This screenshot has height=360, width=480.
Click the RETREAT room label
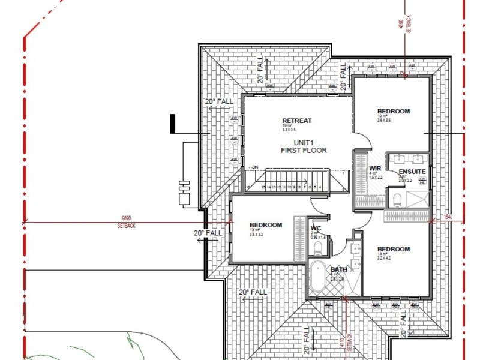coord(297,121)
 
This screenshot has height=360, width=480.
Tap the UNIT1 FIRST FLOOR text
coord(304,146)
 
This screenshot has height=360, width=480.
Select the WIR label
coord(376,169)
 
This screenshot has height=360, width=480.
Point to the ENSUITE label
coord(412,172)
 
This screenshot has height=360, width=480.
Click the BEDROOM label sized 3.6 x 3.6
coord(393,111)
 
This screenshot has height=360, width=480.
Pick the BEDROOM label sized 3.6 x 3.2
coord(265,225)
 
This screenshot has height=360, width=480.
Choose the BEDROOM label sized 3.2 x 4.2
coord(393,249)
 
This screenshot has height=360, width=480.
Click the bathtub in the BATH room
coord(317,277)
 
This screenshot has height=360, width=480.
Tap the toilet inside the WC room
coord(319,246)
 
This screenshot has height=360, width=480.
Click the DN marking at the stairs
coord(254,167)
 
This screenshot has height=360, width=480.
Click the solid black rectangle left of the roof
coord(172,124)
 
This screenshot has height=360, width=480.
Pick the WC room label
coord(316,228)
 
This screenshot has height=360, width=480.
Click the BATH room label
coord(338,269)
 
